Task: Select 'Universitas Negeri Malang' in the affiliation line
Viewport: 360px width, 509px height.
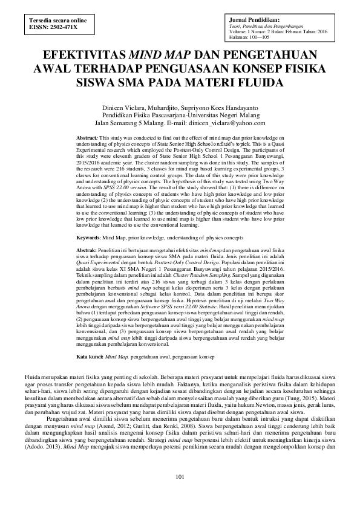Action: point(235,114)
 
